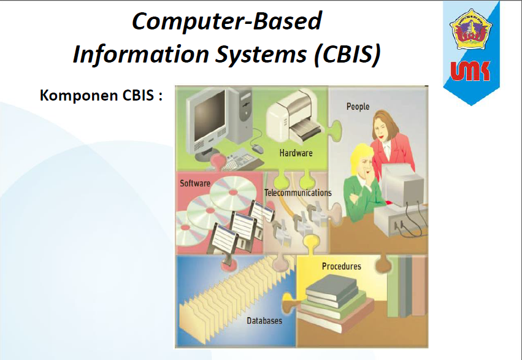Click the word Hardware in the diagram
point(296,153)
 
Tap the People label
point(358,106)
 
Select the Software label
point(195,183)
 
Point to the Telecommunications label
point(297,193)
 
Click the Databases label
point(265,321)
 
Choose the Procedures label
point(341,266)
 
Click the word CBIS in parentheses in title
point(347,55)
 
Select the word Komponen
point(74,96)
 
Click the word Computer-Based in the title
point(226,21)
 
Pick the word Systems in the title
point(266,55)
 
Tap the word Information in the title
point(142,55)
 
